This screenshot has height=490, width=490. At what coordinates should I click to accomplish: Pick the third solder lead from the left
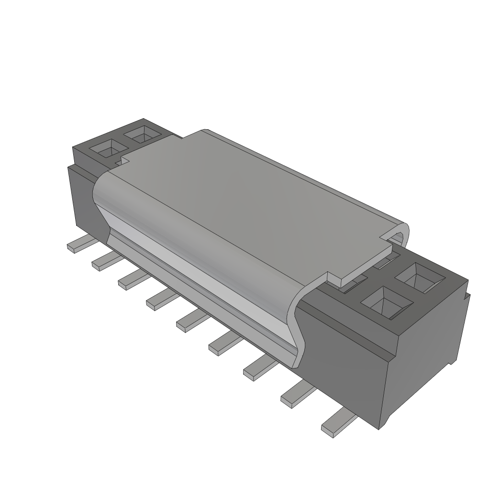pos(132,280)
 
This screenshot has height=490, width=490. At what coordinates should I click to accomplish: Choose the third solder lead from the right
pos(260,369)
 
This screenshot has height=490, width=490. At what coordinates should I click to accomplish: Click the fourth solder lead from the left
pos(160,300)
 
